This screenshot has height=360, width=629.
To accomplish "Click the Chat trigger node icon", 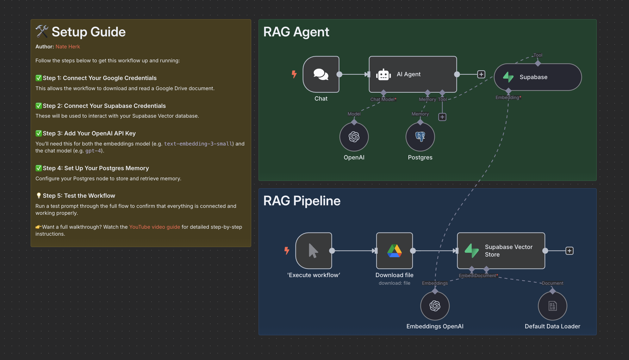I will tap(321, 74).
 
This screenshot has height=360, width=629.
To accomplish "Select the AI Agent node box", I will tap(413, 74).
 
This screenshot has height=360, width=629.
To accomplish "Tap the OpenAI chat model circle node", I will tap(354, 137).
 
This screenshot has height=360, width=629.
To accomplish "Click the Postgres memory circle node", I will tap(420, 137).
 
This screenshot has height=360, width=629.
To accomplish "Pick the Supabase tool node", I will tap(538, 77).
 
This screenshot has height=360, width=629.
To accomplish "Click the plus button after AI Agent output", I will tap(481, 74).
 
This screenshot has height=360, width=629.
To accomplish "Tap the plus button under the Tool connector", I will tap(442, 117).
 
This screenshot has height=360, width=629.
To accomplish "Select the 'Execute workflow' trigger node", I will tap(314, 251).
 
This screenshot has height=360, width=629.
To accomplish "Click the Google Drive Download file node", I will tap(394, 251).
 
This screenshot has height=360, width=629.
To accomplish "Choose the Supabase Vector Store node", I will tap(501, 251).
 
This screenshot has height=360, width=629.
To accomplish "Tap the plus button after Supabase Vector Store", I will tap(570, 251).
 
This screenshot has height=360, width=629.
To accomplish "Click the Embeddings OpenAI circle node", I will tap(435, 306).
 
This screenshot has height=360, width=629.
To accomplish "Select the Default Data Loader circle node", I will tap(552, 306).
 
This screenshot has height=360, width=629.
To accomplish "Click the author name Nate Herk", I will tap(68, 47).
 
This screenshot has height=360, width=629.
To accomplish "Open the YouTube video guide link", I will tap(154, 227).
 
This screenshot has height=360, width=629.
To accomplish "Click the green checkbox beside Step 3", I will tap(39, 133).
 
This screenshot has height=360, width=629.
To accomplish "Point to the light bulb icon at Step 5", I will tap(39, 196).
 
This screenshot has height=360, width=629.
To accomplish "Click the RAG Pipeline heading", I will tap(302, 201).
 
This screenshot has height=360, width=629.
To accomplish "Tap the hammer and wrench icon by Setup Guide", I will tap(42, 32).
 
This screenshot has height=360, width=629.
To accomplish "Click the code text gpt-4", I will tap(93, 151).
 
